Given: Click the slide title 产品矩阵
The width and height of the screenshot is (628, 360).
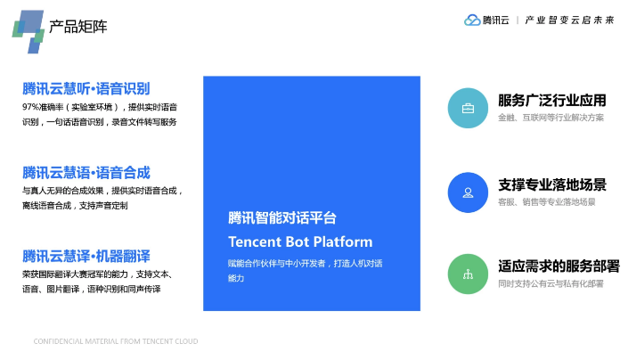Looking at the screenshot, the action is click(78, 27).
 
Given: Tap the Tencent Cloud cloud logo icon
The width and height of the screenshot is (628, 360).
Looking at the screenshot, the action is click(472, 20).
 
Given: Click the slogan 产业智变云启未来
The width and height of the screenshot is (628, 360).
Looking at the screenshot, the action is click(569, 20).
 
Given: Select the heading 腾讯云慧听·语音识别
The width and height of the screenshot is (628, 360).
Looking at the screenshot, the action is click(86, 88).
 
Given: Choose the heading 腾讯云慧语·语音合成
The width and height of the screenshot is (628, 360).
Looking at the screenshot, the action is click(86, 173).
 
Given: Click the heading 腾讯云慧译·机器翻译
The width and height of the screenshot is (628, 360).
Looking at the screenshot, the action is click(86, 256).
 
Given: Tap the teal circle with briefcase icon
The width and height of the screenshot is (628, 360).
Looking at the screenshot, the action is click(468, 108).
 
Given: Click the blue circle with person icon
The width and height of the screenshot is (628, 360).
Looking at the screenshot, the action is click(468, 192).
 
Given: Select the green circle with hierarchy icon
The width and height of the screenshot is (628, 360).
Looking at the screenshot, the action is click(468, 274).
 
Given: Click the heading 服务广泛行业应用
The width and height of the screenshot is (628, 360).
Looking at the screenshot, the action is click(552, 101).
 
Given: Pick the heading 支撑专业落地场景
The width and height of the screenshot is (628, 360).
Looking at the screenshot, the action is click(552, 185).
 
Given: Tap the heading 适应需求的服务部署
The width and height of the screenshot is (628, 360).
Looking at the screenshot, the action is click(559, 266).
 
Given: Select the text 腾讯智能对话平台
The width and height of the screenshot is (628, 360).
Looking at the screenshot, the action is click(282, 217).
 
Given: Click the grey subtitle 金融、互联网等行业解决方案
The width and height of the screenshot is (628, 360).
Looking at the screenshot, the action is click(551, 118).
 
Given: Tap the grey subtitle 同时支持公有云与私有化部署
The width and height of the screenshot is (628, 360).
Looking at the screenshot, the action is click(551, 284).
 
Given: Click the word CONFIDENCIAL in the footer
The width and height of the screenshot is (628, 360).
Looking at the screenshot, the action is click(58, 341).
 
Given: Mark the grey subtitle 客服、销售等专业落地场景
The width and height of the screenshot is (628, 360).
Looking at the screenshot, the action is click(547, 202).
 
